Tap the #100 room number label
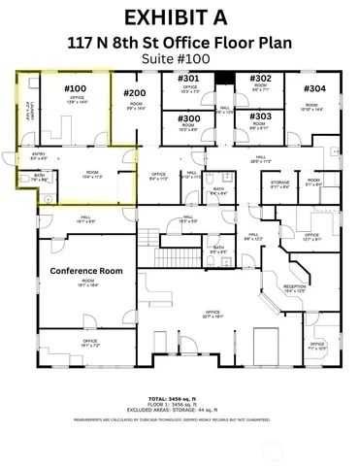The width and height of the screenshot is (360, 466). (x=75, y=89)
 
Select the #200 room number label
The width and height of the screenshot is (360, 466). (x=135, y=93)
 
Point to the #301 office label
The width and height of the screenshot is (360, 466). (x=189, y=78)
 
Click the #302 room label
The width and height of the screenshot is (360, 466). (x=260, y=78)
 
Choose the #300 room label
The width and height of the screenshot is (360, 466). (x=189, y=118)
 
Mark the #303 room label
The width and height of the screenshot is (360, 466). (x=260, y=116)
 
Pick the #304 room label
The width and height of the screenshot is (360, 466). (x=314, y=88)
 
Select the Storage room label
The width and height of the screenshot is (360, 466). (x=280, y=183)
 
